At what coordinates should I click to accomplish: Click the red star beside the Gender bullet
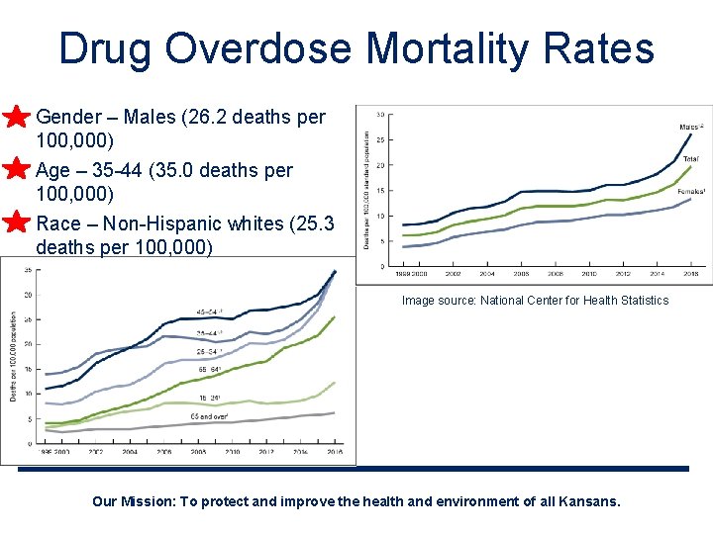click(15, 118)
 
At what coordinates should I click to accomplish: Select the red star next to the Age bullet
click(15, 169)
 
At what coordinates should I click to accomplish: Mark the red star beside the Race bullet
click(15, 222)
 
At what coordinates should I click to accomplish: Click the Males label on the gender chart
click(690, 127)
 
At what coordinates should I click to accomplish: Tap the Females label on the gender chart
click(690, 191)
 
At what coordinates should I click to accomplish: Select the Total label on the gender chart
click(690, 158)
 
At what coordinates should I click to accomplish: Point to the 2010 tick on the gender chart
click(589, 274)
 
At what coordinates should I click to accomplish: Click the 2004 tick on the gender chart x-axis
click(487, 274)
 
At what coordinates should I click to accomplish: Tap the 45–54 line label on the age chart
click(205, 312)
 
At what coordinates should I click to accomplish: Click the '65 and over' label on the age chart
click(208, 416)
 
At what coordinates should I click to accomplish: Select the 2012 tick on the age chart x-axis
click(266, 451)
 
